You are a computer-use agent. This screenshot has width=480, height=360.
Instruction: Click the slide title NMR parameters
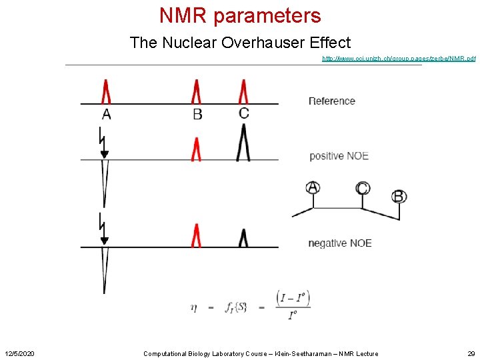click(240, 15)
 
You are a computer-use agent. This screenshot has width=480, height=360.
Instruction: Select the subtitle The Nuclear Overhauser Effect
click(240, 43)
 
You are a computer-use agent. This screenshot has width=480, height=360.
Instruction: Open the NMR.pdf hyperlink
click(399, 59)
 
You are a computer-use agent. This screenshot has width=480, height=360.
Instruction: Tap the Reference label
click(332, 101)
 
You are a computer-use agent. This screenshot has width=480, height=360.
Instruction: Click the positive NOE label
click(339, 156)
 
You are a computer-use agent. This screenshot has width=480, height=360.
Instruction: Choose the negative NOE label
click(340, 243)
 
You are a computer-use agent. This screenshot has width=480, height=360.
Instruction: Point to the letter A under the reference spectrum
click(107, 114)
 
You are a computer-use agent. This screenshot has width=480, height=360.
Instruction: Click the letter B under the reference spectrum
click(197, 114)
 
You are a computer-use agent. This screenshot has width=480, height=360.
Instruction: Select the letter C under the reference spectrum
click(244, 113)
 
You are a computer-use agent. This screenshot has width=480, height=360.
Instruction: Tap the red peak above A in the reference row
click(106, 92)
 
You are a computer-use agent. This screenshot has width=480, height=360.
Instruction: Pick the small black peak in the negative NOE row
click(243, 238)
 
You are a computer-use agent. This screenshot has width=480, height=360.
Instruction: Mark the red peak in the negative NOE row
click(197, 235)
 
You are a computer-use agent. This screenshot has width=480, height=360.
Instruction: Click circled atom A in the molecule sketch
click(313, 188)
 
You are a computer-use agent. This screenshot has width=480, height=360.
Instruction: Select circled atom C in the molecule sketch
click(363, 188)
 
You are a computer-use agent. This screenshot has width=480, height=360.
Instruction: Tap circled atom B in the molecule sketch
click(399, 196)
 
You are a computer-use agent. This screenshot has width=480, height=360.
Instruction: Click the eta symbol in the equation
click(193, 307)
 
